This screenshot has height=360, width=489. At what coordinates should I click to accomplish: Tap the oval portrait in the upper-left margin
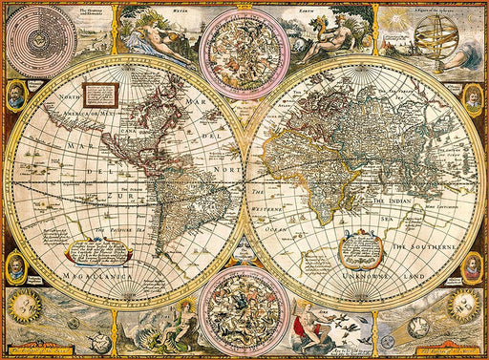(x=14, y=95)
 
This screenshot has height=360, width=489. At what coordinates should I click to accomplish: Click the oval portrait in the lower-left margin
(x=14, y=266)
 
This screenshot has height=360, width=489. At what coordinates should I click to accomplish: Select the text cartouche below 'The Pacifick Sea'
(x=98, y=251)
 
